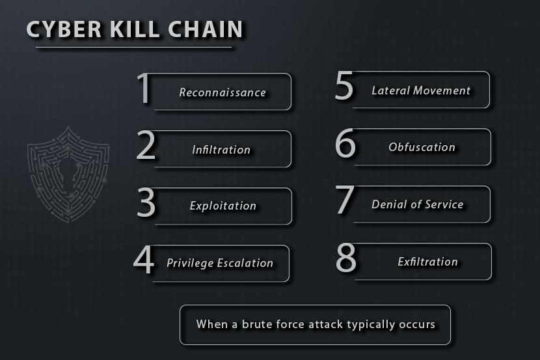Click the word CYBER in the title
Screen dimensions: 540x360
(x=64, y=29)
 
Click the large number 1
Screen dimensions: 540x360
(x=144, y=88)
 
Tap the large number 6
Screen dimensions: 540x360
(x=345, y=143)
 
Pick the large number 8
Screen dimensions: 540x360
(x=345, y=257)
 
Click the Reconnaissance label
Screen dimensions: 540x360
(x=223, y=92)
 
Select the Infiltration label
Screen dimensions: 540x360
(x=221, y=150)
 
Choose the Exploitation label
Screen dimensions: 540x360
(x=223, y=206)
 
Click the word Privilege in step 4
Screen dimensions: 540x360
(x=190, y=263)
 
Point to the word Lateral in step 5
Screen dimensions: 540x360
(x=390, y=90)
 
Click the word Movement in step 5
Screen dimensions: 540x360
(x=442, y=90)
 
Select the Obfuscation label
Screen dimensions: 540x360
(x=422, y=147)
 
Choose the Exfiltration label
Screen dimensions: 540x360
(x=427, y=262)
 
